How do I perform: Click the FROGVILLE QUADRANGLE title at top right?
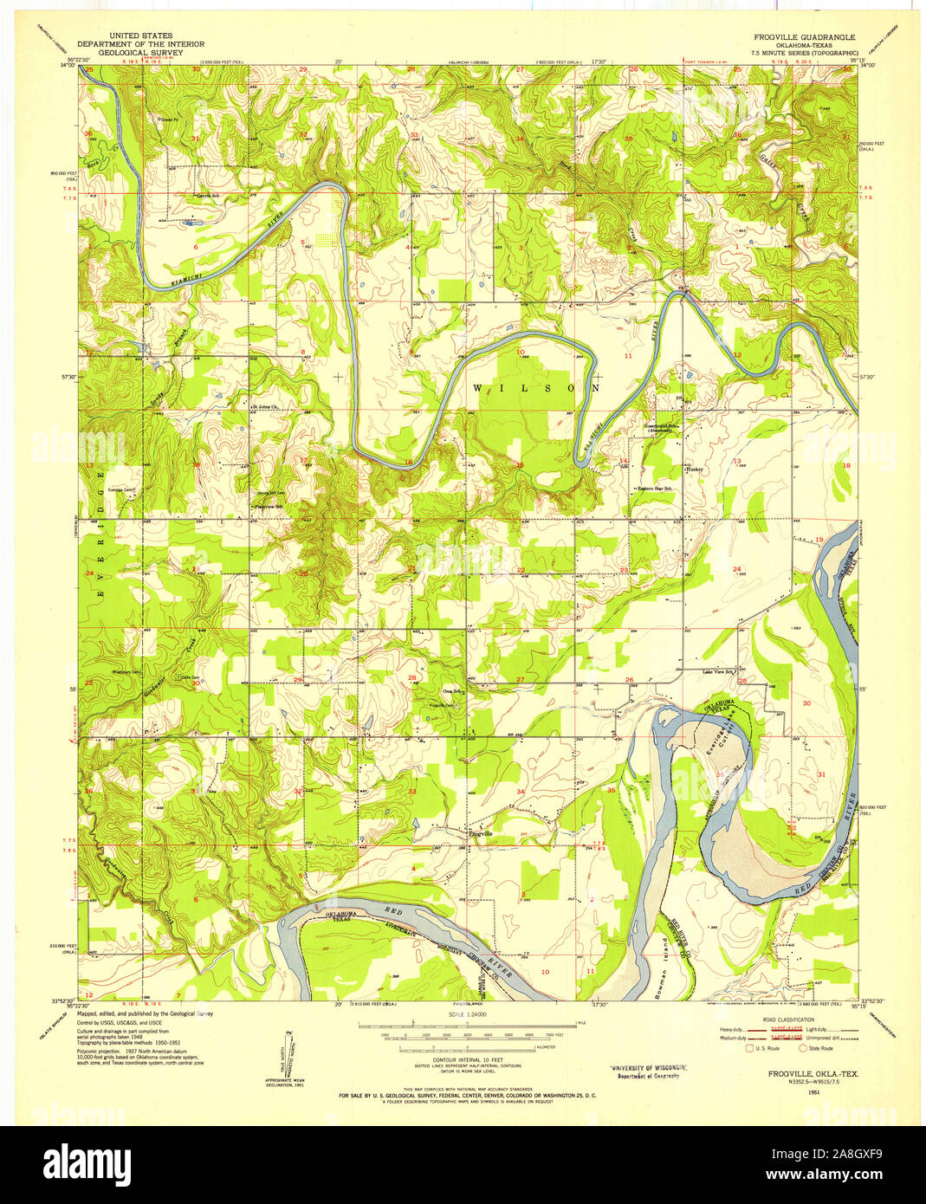pos(804,37)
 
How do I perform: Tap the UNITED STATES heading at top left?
pos(141,36)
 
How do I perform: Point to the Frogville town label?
pos(480,833)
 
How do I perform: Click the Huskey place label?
pos(696,469)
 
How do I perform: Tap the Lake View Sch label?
pos(718,671)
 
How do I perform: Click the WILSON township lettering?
pos(536,388)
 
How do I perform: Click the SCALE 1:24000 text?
pos(466,1013)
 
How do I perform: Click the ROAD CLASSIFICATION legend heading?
pos(787,1020)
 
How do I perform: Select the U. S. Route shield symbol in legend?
pos(750,1047)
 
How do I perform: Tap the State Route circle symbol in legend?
pos(802,1047)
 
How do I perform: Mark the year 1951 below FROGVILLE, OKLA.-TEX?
pos(813,1092)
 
